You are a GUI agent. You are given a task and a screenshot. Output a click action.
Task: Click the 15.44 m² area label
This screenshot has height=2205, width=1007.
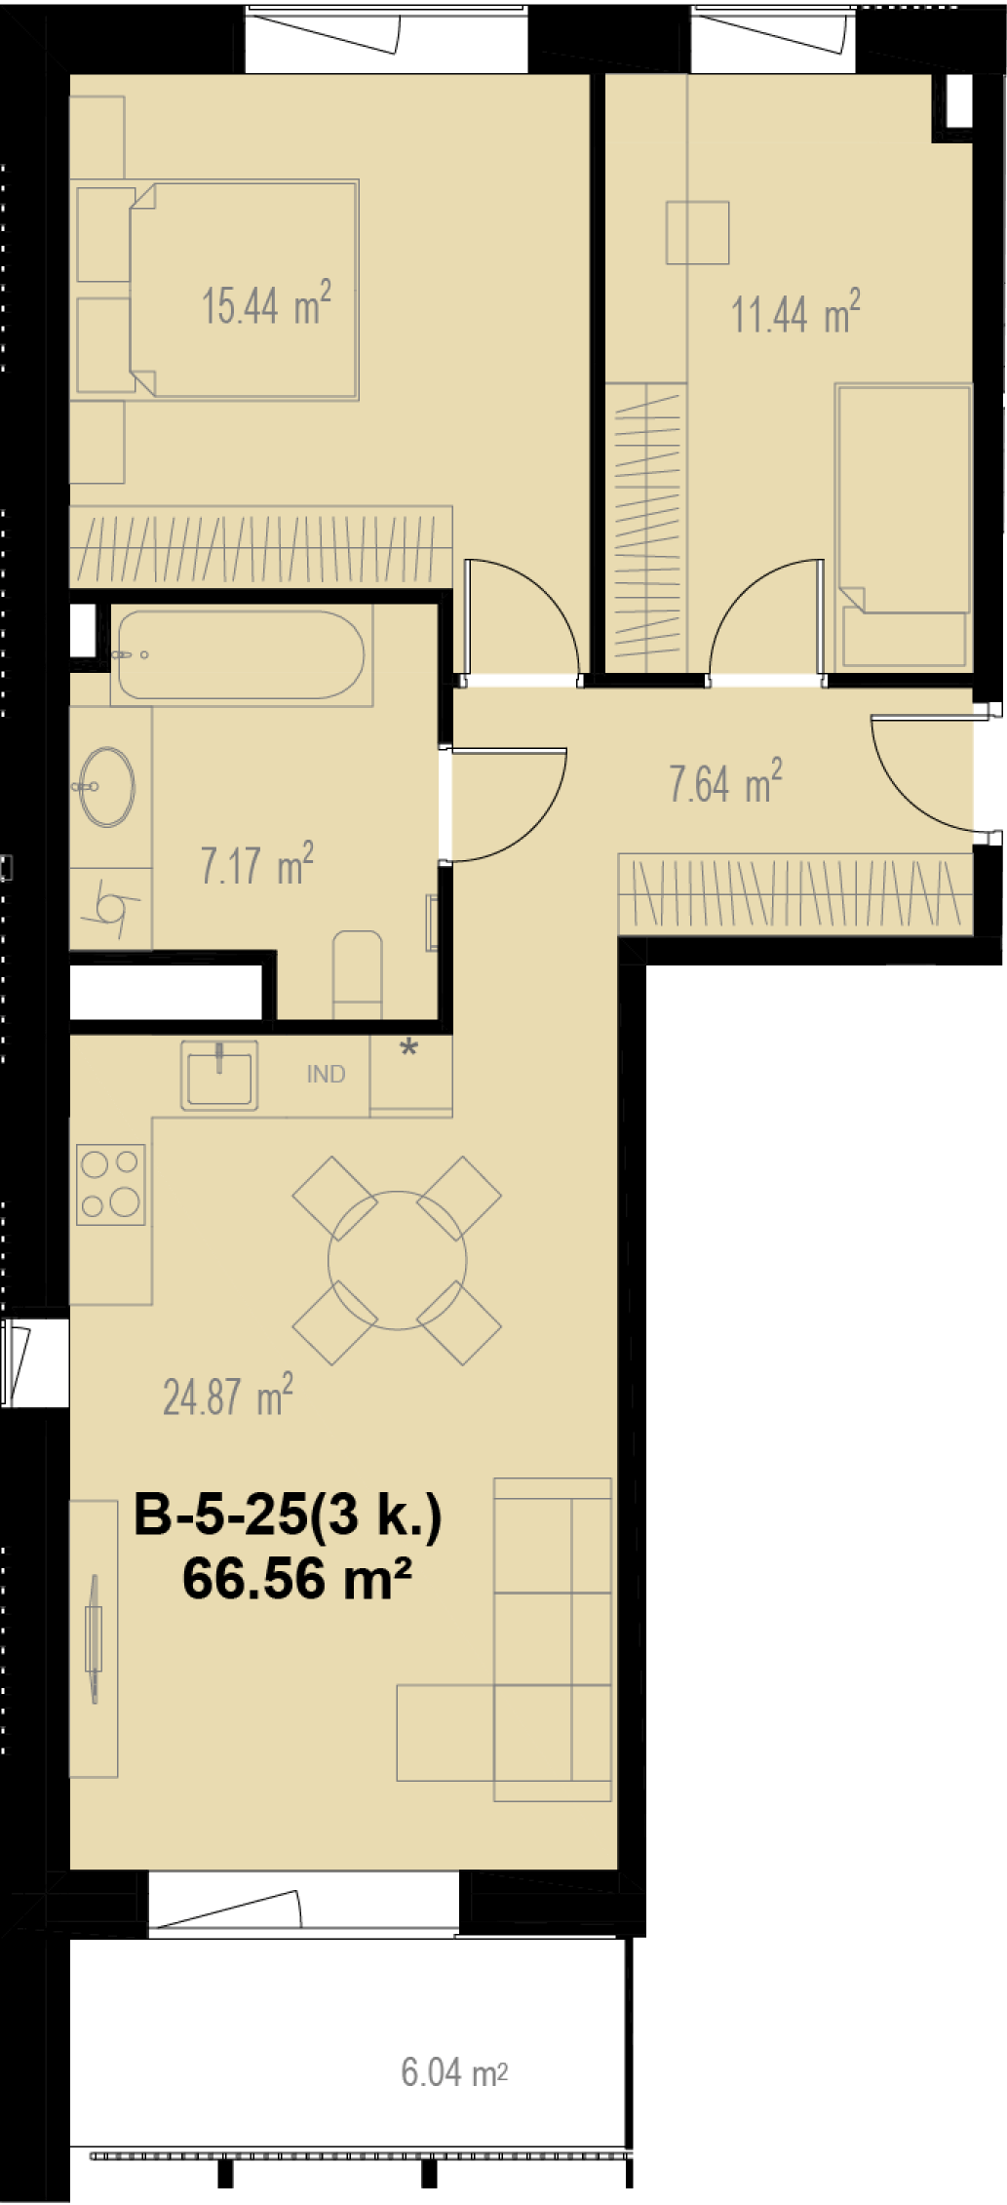click(x=266, y=304)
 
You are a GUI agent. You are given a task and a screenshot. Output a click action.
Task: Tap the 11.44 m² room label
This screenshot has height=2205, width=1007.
click(x=795, y=313)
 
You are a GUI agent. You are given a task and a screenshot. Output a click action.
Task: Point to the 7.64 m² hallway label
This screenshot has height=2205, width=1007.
click(x=725, y=782)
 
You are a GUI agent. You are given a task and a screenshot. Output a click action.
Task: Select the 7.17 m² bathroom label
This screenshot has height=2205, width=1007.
click(x=256, y=864)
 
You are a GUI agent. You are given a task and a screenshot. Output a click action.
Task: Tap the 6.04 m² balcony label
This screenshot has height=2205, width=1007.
click(x=454, y=2071)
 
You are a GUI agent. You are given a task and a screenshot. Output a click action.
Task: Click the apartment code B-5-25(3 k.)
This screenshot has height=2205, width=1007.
click(x=288, y=1515)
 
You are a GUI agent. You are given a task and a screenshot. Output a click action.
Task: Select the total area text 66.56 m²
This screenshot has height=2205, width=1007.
click(x=296, y=1578)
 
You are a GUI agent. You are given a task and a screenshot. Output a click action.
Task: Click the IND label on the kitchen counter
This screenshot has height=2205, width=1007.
click(x=326, y=1074)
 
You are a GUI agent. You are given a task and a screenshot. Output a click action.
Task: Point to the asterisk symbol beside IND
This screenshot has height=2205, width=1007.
click(x=409, y=1049)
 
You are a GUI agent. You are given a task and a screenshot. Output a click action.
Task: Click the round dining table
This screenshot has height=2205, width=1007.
click(x=397, y=1260)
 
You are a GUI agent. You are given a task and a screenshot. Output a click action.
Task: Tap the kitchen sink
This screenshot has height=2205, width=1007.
click(x=219, y=1075)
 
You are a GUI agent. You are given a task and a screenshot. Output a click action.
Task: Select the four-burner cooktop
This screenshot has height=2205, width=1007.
click(x=111, y=1184)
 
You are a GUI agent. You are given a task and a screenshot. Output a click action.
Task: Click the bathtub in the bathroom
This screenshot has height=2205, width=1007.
click(x=241, y=654)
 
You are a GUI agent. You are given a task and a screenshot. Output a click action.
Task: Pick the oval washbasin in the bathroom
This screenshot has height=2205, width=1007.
click(x=106, y=786)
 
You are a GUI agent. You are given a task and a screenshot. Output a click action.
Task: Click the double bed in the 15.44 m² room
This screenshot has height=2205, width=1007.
click(x=244, y=290)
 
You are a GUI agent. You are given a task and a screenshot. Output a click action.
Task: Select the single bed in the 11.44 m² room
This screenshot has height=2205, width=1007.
click(x=903, y=526)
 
